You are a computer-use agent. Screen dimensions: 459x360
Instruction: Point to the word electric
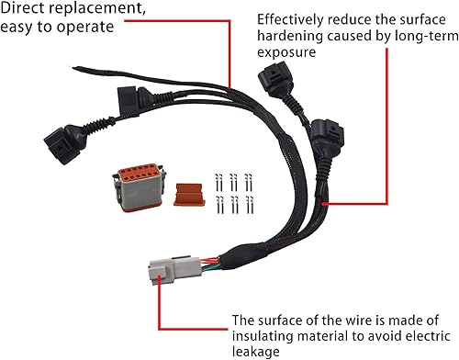(x=408, y=337)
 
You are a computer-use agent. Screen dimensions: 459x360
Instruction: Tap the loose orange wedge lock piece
(x=187, y=194)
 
